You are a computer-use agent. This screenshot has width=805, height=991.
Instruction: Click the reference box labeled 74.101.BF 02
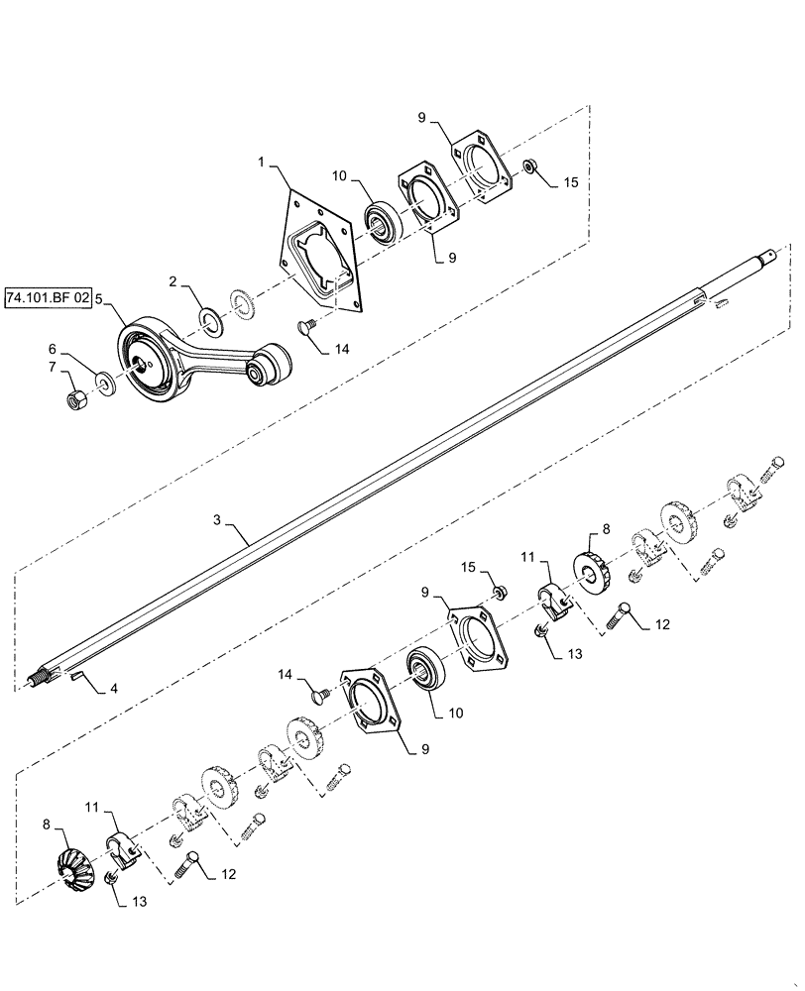coord(47,296)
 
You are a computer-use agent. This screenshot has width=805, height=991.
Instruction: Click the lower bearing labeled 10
coord(425,670)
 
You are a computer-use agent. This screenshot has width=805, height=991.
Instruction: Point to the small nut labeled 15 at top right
coord(530,165)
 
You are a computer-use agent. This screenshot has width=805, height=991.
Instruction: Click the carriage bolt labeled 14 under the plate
coord(308,326)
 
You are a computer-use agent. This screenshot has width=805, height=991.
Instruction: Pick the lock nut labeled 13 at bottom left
coord(112,879)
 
